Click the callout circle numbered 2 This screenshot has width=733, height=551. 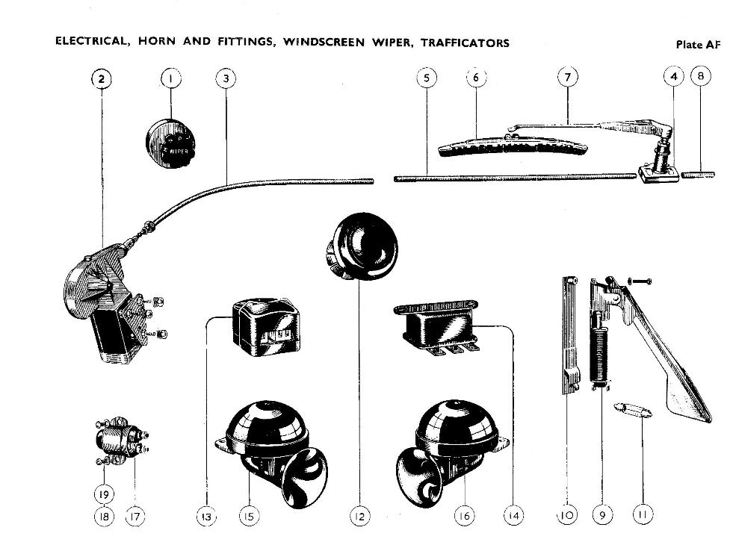102,78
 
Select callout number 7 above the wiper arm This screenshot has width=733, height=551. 568,78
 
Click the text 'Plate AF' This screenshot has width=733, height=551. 698,44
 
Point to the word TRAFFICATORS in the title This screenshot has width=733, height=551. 465,43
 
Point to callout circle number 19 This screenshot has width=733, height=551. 103,493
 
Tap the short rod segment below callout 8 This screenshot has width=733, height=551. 700,177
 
